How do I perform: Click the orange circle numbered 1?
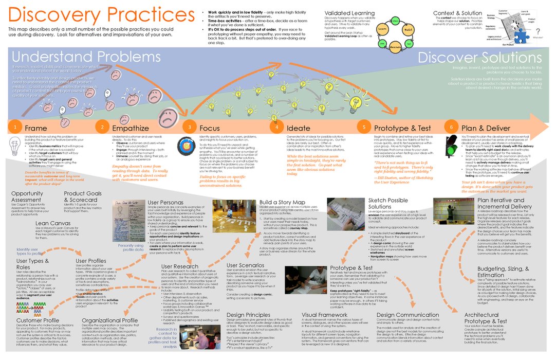pyautogui.click(x=15, y=127)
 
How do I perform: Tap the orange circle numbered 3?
pyautogui.click(x=190, y=127)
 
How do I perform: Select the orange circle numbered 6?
pyautogui.click(x=452, y=127)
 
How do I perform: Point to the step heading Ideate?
pyautogui.click(x=298, y=128)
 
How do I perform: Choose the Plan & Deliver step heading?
pyautogui.click(x=486, y=128)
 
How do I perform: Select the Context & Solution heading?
pyautogui.click(x=457, y=13)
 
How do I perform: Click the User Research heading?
pyautogui.click(x=179, y=266)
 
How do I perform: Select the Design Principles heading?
pyautogui.click(x=251, y=314)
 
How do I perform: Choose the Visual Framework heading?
pyautogui.click(x=326, y=314)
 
